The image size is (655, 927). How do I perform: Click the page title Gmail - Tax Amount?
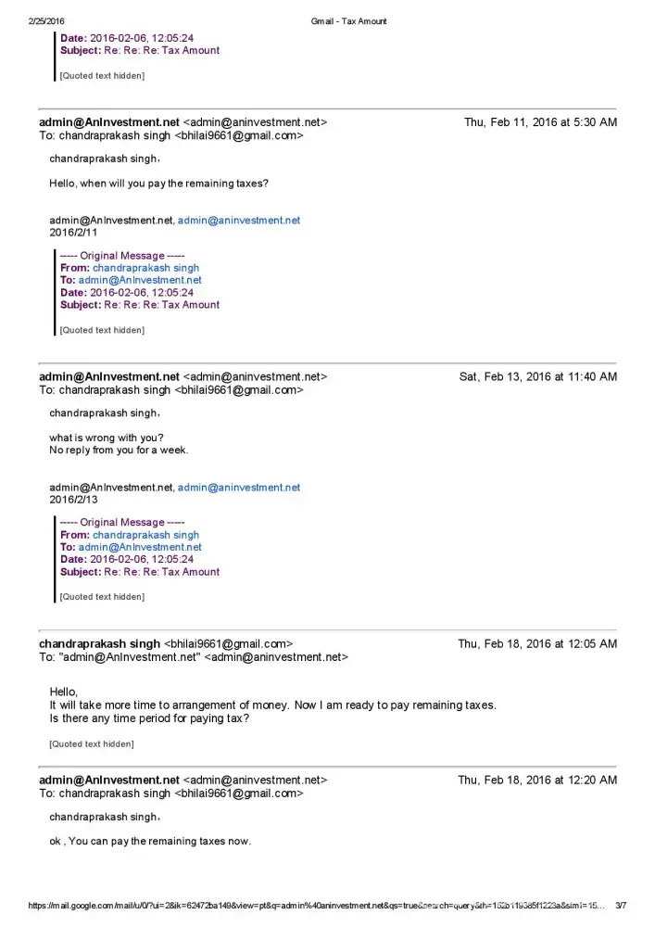pyautogui.click(x=349, y=20)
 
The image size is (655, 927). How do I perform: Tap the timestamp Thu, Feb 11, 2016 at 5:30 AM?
pyautogui.click(x=540, y=122)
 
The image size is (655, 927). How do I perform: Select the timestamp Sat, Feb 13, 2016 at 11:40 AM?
pyautogui.click(x=537, y=376)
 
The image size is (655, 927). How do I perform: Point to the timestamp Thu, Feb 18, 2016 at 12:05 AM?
pyautogui.click(x=537, y=643)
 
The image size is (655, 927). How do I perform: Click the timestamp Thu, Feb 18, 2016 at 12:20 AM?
pyautogui.click(x=537, y=780)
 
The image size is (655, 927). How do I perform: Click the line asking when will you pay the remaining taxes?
pyautogui.click(x=158, y=184)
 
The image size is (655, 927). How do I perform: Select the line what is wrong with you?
pyautogui.click(x=107, y=438)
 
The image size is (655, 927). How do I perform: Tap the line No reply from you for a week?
pyautogui.click(x=119, y=451)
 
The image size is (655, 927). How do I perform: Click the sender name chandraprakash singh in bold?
pyautogui.click(x=99, y=643)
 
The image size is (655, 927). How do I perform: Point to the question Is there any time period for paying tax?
pyautogui.click(x=149, y=718)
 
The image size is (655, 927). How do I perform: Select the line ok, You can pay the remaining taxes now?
pyautogui.click(x=150, y=842)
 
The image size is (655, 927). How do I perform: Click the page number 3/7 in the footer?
pyautogui.click(x=621, y=906)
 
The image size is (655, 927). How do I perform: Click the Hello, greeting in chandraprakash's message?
pyautogui.click(x=63, y=692)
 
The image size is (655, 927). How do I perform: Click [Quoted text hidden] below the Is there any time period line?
pyautogui.click(x=91, y=743)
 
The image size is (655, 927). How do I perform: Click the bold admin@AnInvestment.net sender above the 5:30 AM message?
pyautogui.click(x=108, y=122)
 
